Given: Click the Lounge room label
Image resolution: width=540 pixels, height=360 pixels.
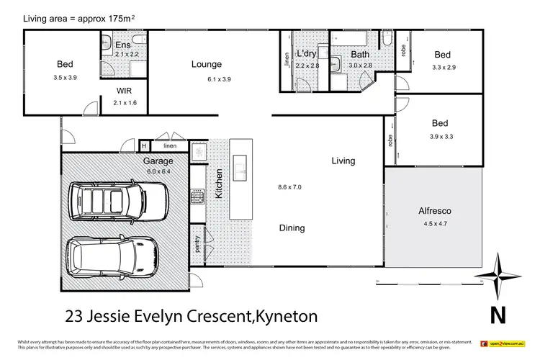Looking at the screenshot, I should point(206,64).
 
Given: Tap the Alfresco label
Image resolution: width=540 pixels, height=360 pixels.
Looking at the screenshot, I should point(434,212).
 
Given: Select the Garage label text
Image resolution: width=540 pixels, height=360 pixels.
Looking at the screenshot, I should point(158,161).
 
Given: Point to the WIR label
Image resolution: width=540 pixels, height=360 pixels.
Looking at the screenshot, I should point(124,91).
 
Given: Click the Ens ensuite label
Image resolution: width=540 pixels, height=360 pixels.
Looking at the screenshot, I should point(124,45).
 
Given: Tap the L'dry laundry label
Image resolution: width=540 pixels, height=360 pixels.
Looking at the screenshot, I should point(307,55).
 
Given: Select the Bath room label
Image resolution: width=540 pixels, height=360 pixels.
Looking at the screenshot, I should point(360,55).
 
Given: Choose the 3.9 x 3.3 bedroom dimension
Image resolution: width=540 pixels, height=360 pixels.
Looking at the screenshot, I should point(442,135).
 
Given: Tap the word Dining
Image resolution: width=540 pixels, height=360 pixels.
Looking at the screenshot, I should point(292,228).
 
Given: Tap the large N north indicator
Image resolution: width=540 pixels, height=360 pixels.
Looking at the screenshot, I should point(495,314).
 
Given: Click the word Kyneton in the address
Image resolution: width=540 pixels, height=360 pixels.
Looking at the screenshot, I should point(284,315).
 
